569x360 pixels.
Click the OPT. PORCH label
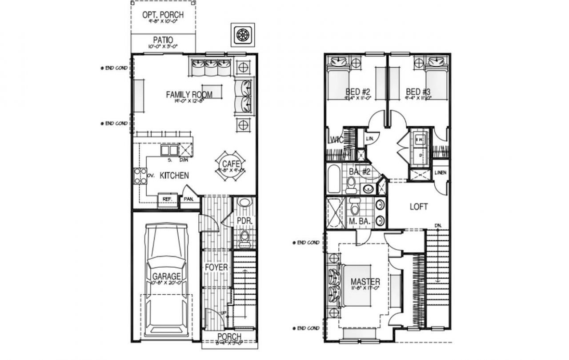(x=163, y=15)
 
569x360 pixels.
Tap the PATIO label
(x=163, y=40)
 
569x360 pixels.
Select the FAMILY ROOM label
(x=189, y=94)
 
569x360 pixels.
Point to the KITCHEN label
(x=174, y=176)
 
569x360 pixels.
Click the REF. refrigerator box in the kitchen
(x=168, y=199)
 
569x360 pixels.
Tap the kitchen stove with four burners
(x=140, y=176)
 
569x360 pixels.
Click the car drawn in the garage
(x=166, y=280)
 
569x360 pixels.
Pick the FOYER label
(x=216, y=268)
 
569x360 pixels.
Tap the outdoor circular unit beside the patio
(x=242, y=35)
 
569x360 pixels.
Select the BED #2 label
(x=358, y=92)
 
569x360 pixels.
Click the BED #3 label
(x=418, y=92)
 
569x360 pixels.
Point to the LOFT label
(x=419, y=207)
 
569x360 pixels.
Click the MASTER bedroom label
(x=365, y=282)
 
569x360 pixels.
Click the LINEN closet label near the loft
(x=440, y=172)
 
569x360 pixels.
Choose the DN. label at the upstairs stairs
(x=438, y=226)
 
